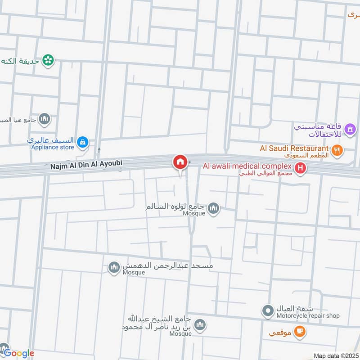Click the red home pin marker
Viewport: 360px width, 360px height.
[x=180, y=162]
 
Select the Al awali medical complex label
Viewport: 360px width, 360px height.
[x=247, y=166]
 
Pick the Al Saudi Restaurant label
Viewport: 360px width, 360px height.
[x=294, y=148]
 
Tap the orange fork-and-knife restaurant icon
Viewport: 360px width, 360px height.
[x=337, y=150]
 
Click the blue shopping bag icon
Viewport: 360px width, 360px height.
[x=82, y=143]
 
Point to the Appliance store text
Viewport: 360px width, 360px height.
[x=52, y=147]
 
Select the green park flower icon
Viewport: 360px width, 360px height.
[x=48, y=60]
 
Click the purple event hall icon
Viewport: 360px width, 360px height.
[x=349, y=130]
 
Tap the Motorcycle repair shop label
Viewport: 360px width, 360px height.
[x=308, y=316]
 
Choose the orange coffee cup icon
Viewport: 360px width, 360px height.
[x=299, y=332]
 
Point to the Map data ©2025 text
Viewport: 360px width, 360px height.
[x=336, y=356]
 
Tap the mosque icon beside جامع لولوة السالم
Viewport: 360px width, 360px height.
[x=214, y=208]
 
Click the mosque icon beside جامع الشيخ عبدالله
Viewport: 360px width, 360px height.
[x=200, y=325]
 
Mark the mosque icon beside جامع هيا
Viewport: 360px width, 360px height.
[x=44, y=119]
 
